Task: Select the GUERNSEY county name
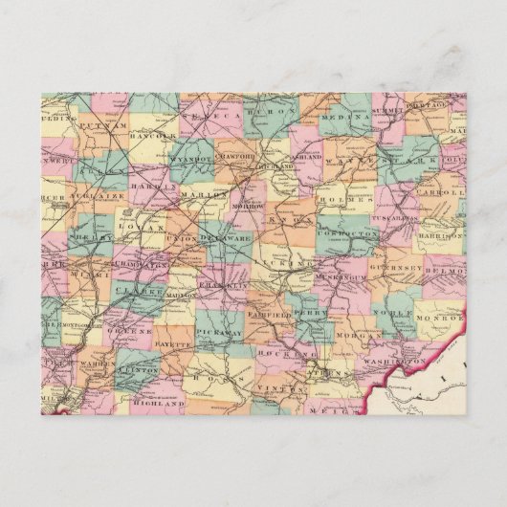[x=400, y=269]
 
